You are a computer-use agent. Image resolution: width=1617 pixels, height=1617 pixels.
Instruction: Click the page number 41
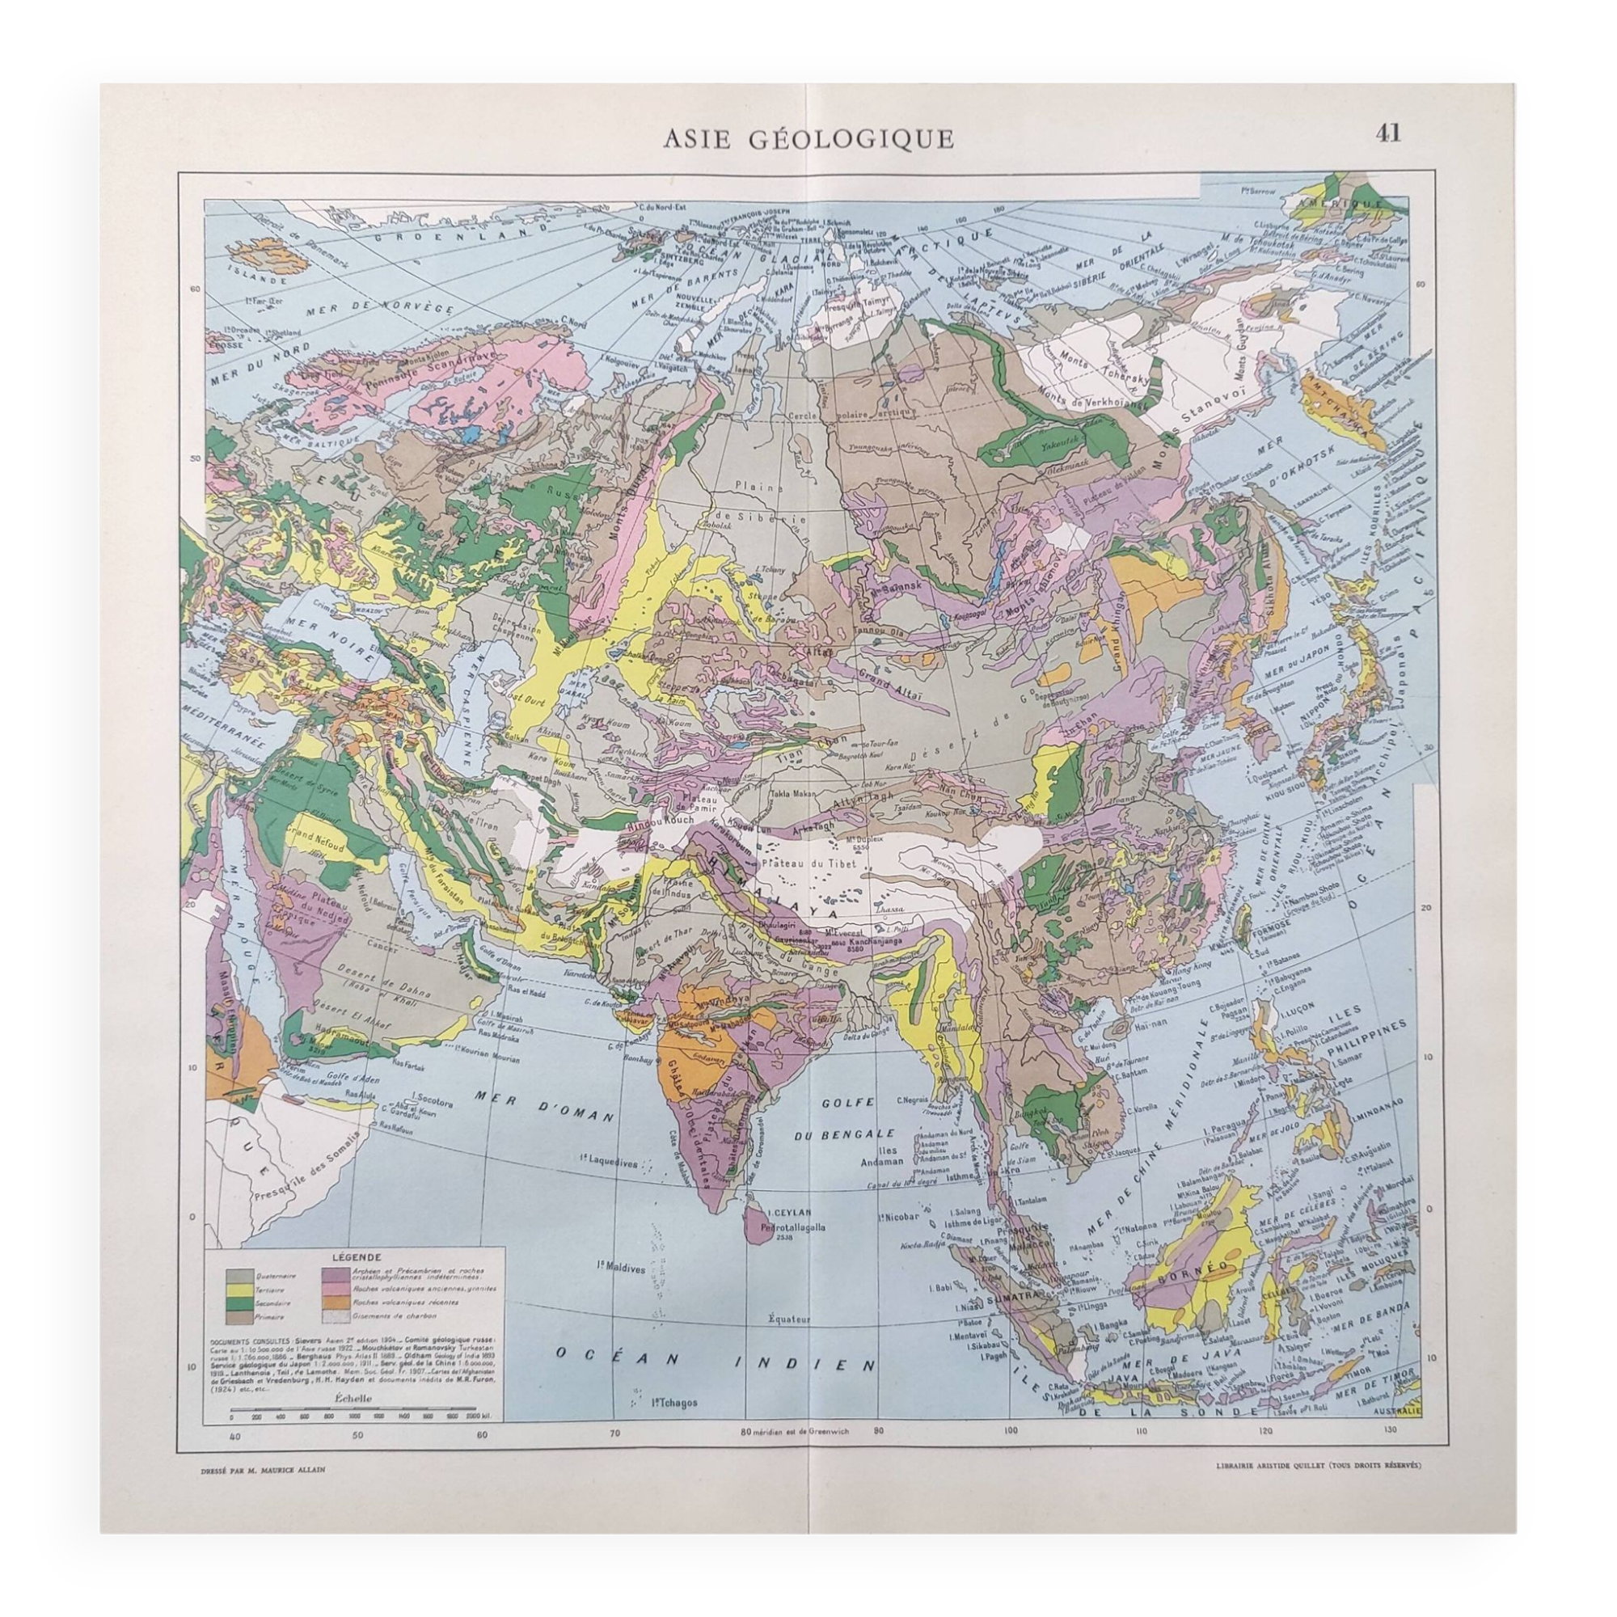coord(1387,133)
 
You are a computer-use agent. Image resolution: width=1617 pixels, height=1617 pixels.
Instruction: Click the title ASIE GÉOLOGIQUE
coord(808,139)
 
